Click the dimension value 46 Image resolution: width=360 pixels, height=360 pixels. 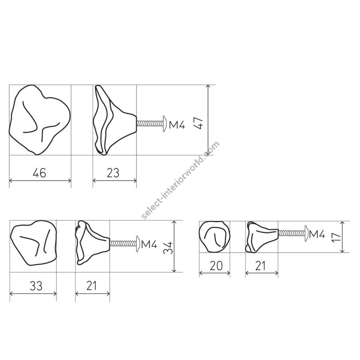click(x=39, y=173)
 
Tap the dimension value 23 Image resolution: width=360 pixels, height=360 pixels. click(x=113, y=173)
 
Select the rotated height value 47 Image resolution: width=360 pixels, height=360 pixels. click(x=198, y=123)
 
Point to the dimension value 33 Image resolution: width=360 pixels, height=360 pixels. click(x=36, y=286)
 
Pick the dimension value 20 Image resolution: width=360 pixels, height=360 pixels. click(x=216, y=266)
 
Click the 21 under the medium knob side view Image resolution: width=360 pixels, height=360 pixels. click(x=92, y=286)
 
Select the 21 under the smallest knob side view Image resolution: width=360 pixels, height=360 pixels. click(x=260, y=266)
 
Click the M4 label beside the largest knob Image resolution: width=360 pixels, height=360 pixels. click(x=177, y=125)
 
